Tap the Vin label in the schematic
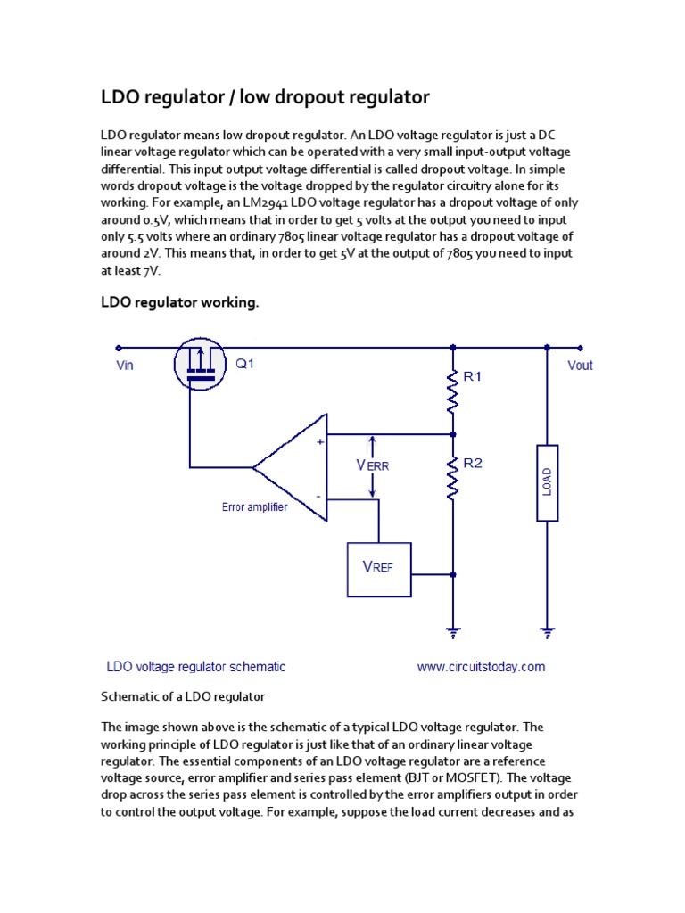(124, 366)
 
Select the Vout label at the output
(580, 366)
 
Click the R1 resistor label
(473, 377)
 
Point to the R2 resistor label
(473, 463)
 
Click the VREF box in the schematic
(378, 568)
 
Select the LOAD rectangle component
(547, 482)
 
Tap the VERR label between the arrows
(373, 465)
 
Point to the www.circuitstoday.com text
(481, 667)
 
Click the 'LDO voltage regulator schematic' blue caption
(196, 667)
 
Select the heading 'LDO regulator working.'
(179, 304)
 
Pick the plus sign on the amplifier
(319, 440)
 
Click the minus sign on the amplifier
(318, 497)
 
